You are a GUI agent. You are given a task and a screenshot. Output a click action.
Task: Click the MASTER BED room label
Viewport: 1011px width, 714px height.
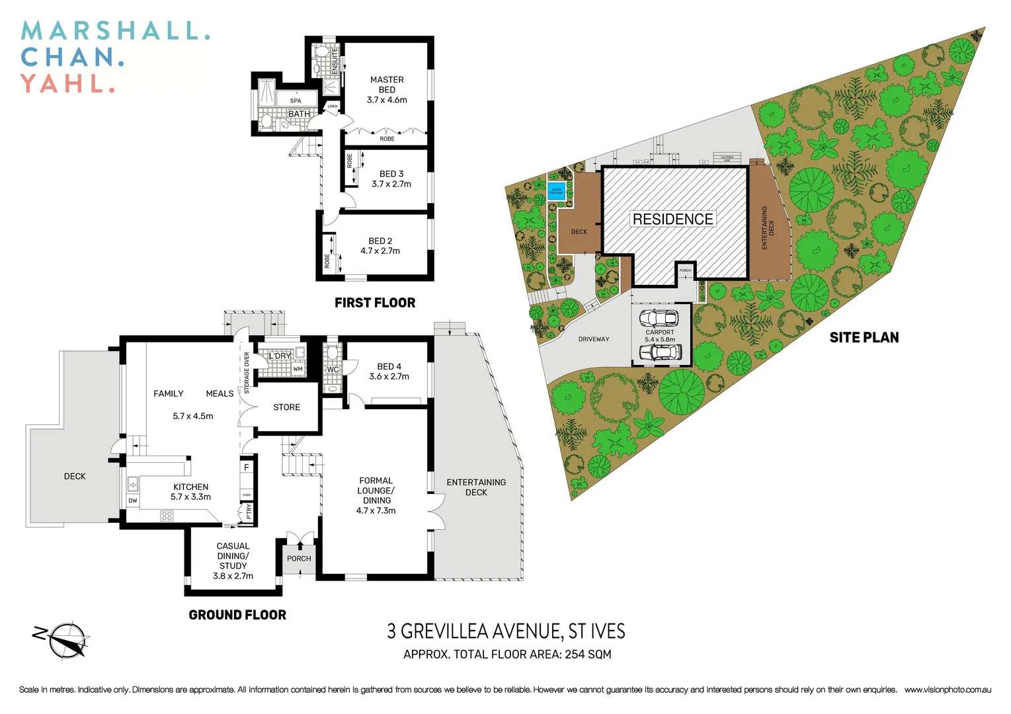387,85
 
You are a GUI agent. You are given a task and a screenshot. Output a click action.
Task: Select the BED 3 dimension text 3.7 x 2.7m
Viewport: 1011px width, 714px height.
391,184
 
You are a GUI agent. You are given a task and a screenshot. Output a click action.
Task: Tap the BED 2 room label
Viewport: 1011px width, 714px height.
380,241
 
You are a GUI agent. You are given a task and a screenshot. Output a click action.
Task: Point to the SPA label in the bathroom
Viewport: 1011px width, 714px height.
296,101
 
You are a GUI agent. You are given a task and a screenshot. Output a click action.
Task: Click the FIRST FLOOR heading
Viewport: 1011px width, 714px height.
375,303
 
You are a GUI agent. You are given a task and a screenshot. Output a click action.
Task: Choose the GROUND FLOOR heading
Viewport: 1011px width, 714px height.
237,615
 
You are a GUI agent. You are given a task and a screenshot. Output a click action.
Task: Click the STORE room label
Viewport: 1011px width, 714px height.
286,407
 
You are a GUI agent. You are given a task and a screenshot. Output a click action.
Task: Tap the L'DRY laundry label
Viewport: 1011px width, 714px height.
280,356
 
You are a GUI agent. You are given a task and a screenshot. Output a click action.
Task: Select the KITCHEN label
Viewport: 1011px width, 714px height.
190,487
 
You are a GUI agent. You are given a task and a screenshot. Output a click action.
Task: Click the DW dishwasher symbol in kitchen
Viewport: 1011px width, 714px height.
133,500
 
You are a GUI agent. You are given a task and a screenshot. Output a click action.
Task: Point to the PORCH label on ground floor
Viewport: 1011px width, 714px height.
299,559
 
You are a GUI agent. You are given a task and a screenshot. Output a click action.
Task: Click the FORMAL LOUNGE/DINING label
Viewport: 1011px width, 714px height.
376,491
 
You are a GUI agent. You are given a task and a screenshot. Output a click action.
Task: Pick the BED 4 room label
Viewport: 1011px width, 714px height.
389,366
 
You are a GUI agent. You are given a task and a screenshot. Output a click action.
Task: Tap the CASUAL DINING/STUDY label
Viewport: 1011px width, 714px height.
233,556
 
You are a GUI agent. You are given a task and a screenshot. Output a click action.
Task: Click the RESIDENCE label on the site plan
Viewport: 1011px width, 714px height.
672,219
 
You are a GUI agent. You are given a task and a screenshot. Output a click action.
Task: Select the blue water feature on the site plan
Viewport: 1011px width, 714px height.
556,192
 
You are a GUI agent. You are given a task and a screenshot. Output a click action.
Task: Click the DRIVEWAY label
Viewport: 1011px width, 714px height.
594,339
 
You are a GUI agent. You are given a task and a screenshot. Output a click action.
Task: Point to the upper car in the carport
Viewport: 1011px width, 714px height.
659,318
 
